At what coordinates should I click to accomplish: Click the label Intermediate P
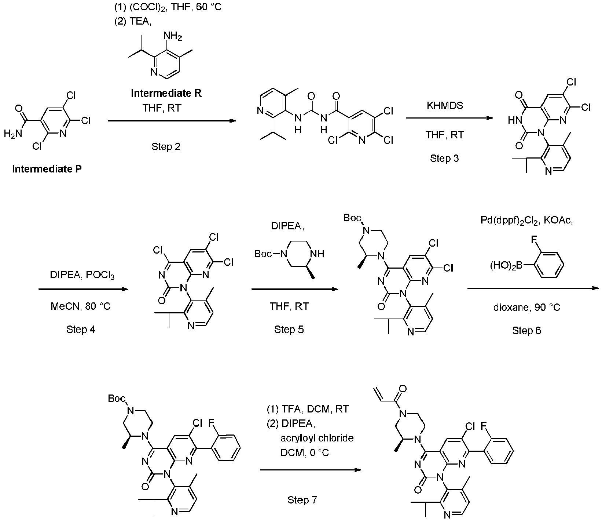[47, 169]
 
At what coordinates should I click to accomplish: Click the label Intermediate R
[166, 94]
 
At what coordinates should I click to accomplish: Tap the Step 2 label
[166, 147]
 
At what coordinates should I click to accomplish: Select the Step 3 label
[444, 159]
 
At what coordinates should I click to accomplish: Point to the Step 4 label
[81, 330]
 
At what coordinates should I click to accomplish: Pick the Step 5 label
[289, 330]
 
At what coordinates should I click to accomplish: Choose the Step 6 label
[526, 331]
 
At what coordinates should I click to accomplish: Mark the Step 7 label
[302, 500]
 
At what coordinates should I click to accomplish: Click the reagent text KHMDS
[445, 106]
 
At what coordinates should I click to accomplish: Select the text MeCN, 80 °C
[81, 306]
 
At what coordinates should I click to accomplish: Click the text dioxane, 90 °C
[526, 308]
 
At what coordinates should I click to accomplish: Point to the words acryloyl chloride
[317, 439]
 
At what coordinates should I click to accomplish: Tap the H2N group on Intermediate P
[13, 134]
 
